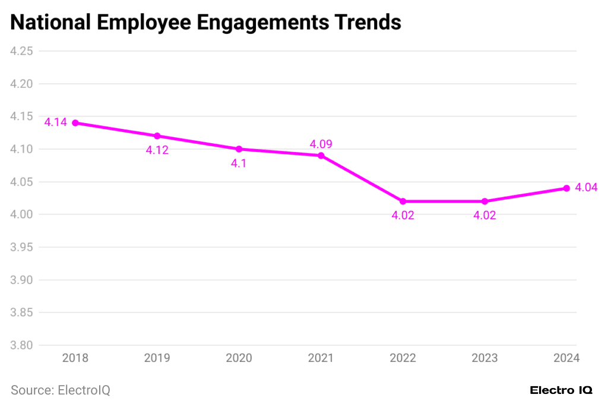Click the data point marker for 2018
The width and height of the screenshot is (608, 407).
(75, 123)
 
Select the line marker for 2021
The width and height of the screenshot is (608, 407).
(321, 156)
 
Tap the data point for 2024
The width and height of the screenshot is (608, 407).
(566, 188)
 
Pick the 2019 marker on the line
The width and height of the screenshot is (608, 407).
(157, 136)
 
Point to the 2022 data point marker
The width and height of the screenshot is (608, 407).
(403, 201)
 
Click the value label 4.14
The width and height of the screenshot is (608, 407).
(56, 122)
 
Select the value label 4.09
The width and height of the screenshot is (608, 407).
(321, 144)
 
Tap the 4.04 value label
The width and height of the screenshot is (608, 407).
(586, 188)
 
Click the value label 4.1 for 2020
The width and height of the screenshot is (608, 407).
(239, 163)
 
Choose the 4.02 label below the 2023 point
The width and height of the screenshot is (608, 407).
(484, 215)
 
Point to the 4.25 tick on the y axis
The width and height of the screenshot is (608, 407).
(21, 51)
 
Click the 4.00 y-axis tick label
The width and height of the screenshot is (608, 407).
(21, 214)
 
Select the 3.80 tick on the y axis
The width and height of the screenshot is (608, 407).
(21, 345)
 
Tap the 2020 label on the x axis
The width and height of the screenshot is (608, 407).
(239, 358)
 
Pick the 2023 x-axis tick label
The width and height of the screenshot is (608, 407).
(484, 358)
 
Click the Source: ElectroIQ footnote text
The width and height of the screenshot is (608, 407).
(61, 390)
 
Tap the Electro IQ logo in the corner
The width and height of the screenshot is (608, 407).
(560, 390)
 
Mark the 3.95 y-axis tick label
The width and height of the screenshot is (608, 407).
(21, 247)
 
